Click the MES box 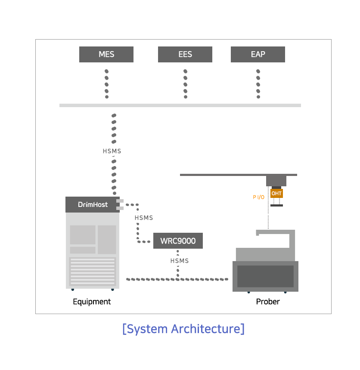(106, 55)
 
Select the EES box (185, 55)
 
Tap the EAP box (258, 55)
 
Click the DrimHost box (93, 205)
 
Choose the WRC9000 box (178, 240)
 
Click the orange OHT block (276, 194)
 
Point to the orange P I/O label (259, 197)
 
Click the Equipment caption (92, 302)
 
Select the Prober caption (268, 302)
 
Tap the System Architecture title (183, 329)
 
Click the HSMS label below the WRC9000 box (180, 261)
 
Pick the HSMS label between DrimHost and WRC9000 (144, 218)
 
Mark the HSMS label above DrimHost (112, 151)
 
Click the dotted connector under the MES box (106, 84)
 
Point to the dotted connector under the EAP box (258, 84)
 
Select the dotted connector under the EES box (186, 84)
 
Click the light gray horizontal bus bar (180, 105)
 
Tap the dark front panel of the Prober (265, 276)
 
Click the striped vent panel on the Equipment (93, 271)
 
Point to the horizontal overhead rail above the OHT (239, 175)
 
